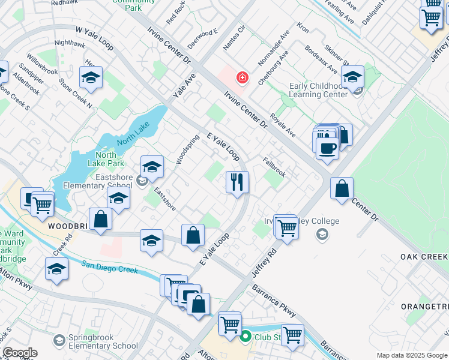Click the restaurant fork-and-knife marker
237,181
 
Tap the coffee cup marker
327,148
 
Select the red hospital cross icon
243,78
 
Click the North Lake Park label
109,158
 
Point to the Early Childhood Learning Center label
318,90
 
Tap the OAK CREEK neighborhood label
424,257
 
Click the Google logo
20,353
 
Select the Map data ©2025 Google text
411,355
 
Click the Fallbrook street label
274,167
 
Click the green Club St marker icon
245,338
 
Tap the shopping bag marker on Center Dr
342,188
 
